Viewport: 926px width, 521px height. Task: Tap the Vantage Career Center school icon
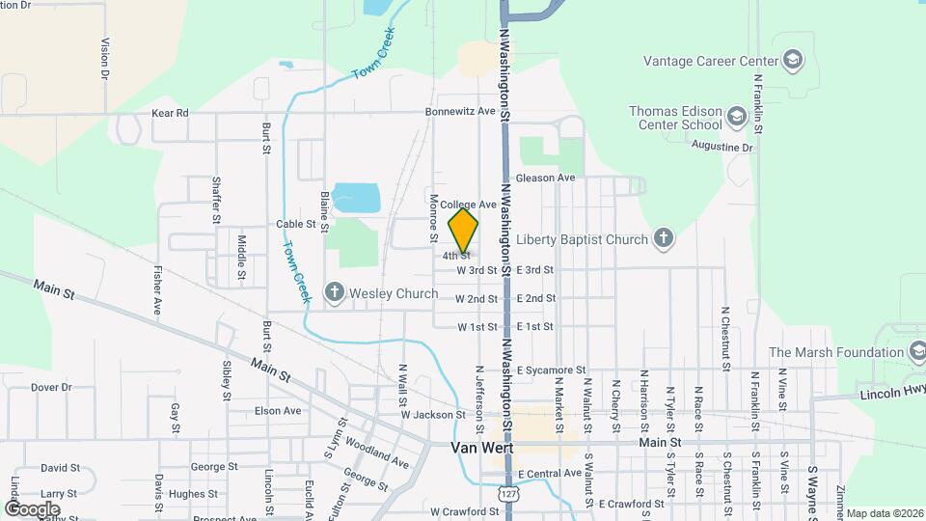[793, 61]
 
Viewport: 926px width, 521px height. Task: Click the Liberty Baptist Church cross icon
[663, 238]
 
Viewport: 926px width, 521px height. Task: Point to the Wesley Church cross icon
[335, 292]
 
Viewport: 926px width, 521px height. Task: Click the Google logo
[33, 508]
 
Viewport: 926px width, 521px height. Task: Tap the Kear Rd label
[170, 113]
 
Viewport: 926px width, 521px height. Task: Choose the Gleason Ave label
[545, 178]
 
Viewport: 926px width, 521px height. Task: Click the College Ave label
[468, 205]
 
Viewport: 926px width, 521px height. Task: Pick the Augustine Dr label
[722, 147]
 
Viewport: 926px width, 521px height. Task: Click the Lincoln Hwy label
[893, 393]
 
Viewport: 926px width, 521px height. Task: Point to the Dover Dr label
[51, 387]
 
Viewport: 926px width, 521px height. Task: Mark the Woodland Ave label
[377, 453]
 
